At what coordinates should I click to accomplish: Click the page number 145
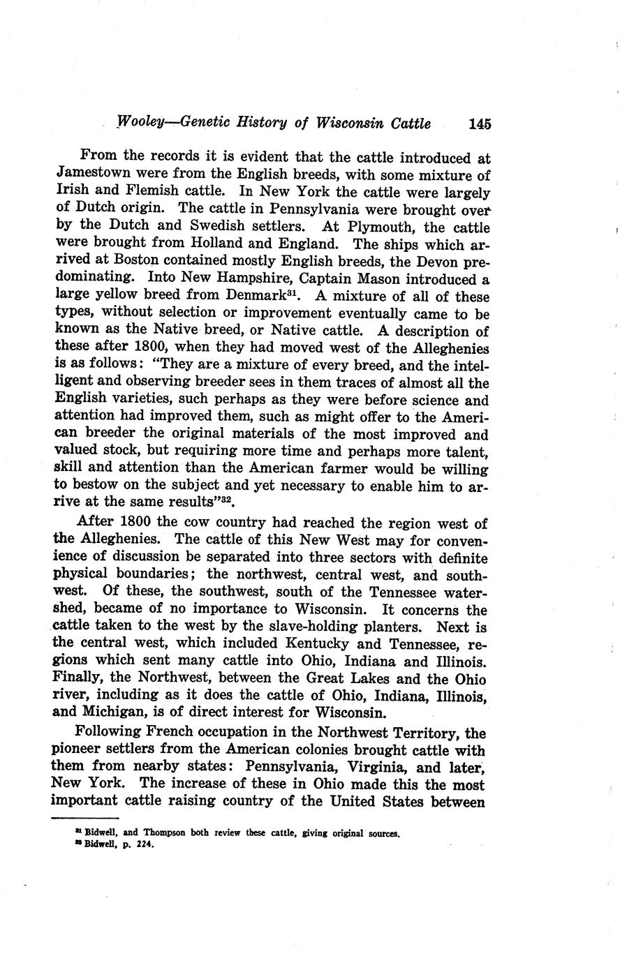(x=480, y=124)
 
